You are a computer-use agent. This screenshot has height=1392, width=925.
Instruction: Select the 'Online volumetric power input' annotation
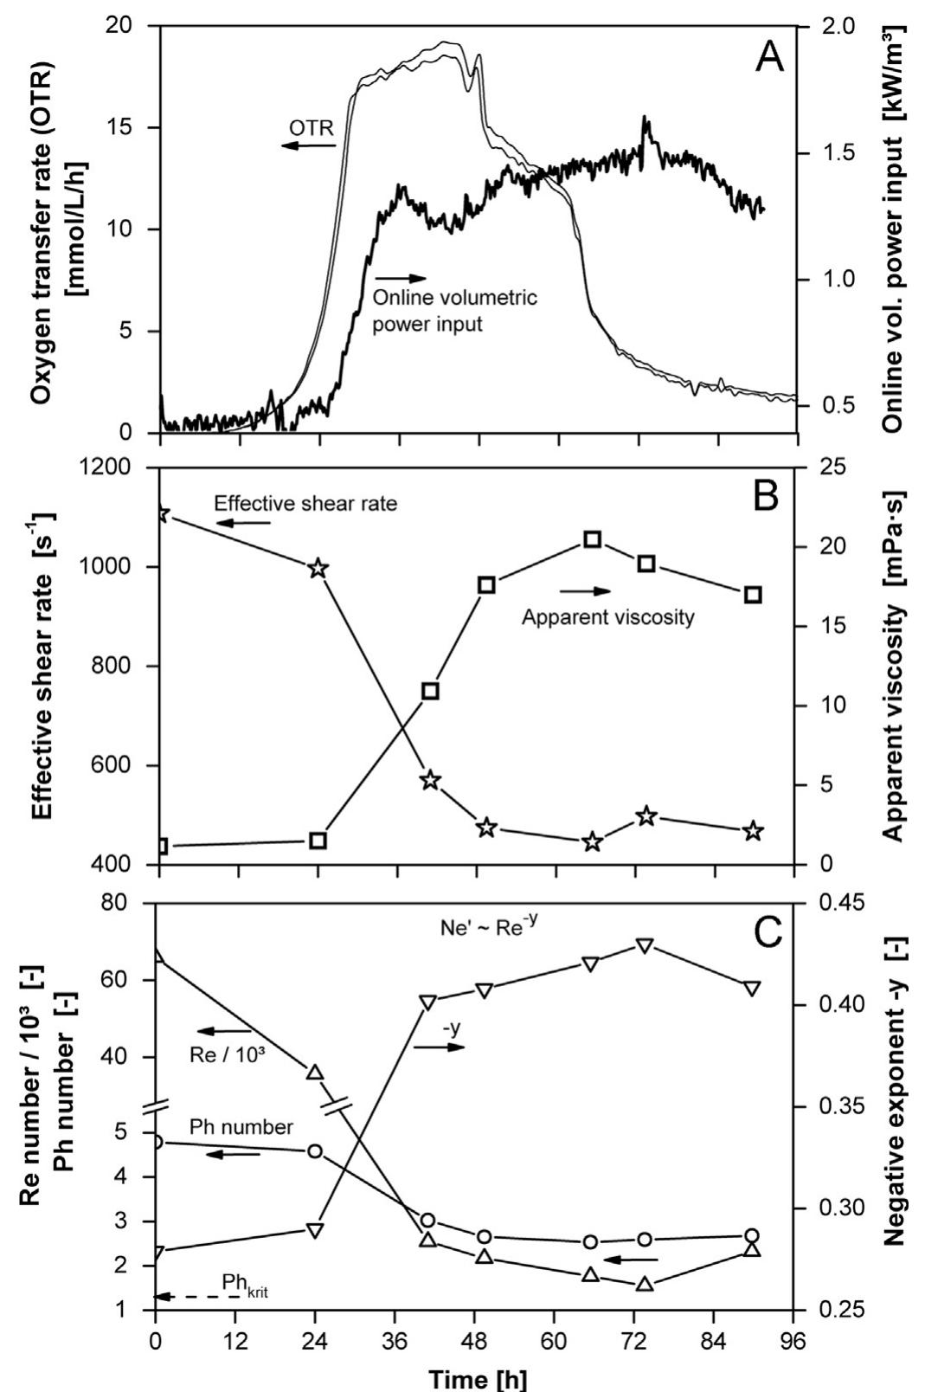pos(454,311)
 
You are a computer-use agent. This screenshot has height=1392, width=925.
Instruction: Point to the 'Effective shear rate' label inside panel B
pos(305,503)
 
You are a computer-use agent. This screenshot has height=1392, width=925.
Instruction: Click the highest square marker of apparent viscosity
pos(593,539)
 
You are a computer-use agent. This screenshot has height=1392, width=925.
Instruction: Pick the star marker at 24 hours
pos(318,569)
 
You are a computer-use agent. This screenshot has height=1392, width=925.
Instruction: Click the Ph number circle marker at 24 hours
pos(316,1150)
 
